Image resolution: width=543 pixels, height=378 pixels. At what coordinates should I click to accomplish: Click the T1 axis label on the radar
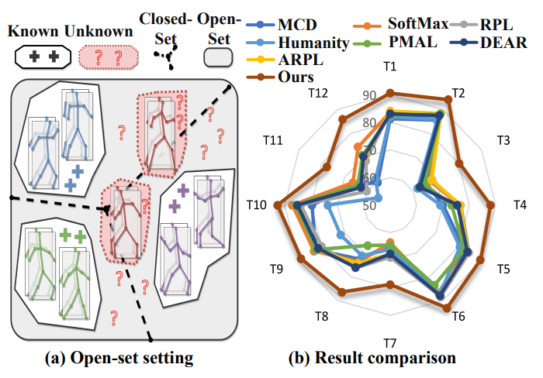point(392,67)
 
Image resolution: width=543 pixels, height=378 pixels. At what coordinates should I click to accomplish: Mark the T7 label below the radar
point(392,343)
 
